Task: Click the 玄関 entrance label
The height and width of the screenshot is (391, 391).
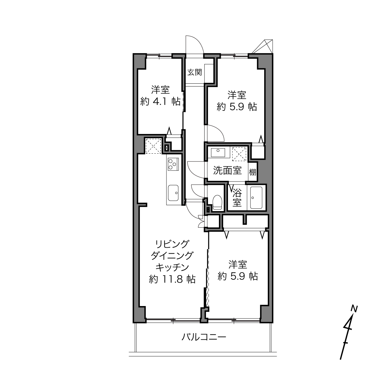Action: coord(194,72)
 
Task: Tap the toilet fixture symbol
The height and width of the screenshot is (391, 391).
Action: coord(217,202)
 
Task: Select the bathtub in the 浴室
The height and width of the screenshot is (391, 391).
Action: coord(256,198)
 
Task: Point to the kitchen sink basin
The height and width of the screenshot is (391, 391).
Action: coord(173,193)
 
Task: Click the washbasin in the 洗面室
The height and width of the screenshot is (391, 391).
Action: coord(218,153)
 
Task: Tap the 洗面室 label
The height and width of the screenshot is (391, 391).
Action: coord(227,171)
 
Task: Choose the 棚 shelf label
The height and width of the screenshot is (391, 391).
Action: coord(253,172)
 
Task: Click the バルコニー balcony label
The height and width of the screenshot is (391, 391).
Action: coord(204,337)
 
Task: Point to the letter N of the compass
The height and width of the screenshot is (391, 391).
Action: coord(354,309)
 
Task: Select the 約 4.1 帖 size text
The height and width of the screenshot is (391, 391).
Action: coord(160,101)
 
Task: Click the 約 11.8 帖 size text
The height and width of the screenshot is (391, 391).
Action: coord(172,279)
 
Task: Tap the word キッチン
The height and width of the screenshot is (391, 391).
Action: coord(172,267)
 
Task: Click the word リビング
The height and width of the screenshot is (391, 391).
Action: coord(172,244)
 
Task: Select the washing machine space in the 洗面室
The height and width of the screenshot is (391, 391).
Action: coord(239,154)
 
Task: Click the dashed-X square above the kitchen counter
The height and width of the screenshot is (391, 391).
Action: coord(153,146)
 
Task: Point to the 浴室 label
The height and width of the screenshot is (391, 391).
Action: coord(237,197)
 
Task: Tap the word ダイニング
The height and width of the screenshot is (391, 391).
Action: coord(172,256)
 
